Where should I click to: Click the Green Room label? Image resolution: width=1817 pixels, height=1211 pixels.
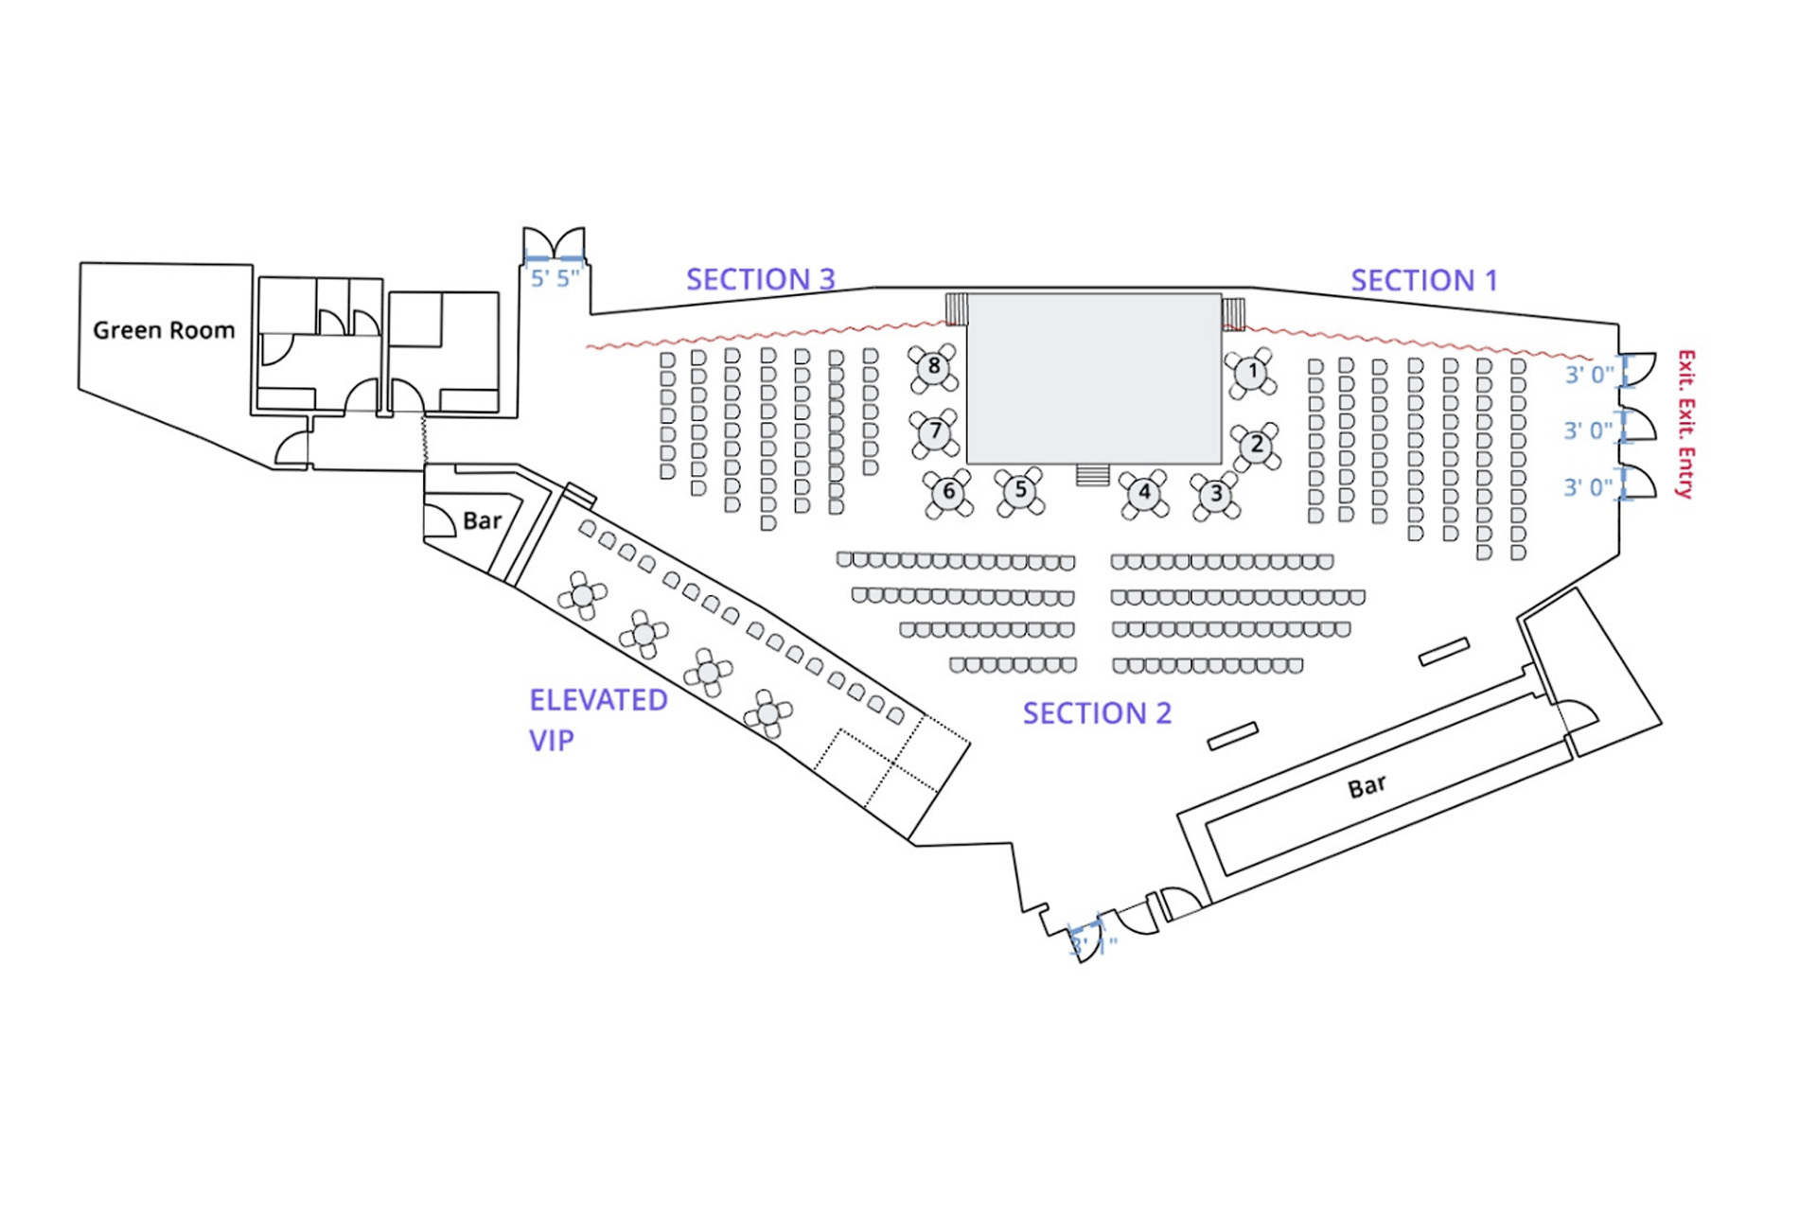click(164, 330)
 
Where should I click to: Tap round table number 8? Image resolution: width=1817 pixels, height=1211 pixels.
click(934, 366)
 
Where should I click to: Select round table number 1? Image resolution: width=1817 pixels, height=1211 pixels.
click(1253, 371)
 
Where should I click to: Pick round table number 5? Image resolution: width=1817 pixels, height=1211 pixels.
click(1020, 490)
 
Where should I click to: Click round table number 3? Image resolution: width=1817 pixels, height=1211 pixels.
click(1216, 494)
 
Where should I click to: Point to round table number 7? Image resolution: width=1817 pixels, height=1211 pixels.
click(935, 431)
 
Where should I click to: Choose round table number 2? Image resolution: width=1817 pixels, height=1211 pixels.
click(1257, 444)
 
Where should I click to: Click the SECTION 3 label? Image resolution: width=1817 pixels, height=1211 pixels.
click(760, 279)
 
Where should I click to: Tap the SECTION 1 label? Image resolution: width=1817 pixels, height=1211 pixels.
click(1423, 280)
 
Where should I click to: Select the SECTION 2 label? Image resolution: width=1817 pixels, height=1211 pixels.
click(1097, 713)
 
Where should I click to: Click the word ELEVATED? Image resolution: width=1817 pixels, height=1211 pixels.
click(598, 700)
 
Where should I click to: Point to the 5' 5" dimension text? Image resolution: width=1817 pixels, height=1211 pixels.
click(555, 278)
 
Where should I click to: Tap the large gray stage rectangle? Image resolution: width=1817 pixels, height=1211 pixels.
click(1094, 378)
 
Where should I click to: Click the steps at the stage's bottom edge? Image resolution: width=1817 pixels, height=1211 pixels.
click(1092, 474)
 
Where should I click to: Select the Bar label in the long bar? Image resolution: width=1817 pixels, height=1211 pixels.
click(1367, 786)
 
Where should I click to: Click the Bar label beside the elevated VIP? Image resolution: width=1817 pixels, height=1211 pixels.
click(482, 521)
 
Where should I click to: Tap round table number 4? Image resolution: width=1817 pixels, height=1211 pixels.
click(1144, 492)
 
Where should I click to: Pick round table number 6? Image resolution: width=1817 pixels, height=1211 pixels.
click(948, 492)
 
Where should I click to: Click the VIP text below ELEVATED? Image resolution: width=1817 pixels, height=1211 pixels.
click(551, 740)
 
